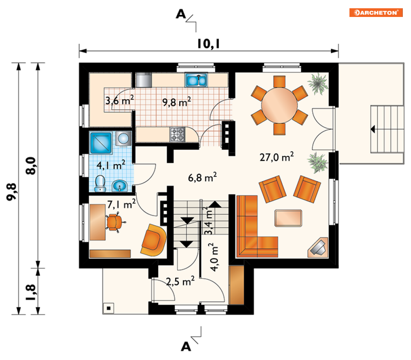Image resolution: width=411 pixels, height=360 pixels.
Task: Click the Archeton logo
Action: pyautogui.click(x=375, y=12)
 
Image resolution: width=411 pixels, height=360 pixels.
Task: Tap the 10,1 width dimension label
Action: pyautogui.click(x=208, y=44)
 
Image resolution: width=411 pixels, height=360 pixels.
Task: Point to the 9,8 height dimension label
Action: pyautogui.click(x=12, y=192)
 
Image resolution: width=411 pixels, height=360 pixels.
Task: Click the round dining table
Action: pyautogui.click(x=279, y=105)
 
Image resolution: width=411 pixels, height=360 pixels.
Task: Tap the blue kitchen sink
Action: pyautogui.click(x=196, y=80)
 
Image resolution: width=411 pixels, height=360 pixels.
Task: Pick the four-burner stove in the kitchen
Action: pyautogui.click(x=178, y=134)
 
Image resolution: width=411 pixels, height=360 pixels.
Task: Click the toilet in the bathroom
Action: pyautogui.click(x=100, y=184)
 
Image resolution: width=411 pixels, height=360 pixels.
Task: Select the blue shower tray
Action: pyautogui.click(x=101, y=143)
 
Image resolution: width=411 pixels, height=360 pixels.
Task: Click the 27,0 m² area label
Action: pyautogui.click(x=276, y=157)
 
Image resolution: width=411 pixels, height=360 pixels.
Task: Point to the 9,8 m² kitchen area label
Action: pyautogui.click(x=177, y=102)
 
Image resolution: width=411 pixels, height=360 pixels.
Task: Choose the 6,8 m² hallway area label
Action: pyautogui.click(x=202, y=177)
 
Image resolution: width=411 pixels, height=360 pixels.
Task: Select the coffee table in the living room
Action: pyautogui.click(x=288, y=218)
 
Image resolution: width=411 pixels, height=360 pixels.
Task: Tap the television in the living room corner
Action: pyautogui.click(x=318, y=247)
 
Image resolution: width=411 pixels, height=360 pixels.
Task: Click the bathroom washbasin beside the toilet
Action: pyautogui.click(x=119, y=186)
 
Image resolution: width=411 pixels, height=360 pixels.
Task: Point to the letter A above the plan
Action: pyautogui.click(x=181, y=14)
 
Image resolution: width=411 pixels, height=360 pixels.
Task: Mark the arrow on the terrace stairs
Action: pyautogui.click(x=373, y=129)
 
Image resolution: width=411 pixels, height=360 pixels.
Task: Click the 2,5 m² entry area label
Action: pyautogui.click(x=181, y=281)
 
